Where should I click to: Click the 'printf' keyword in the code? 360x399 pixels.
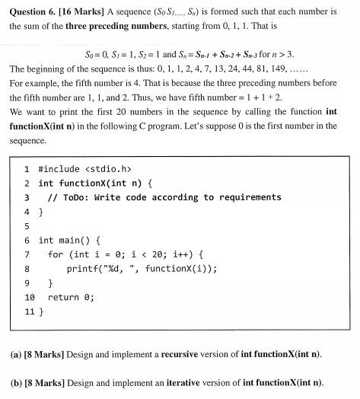tap(81, 269)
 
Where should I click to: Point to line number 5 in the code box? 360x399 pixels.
tap(27, 226)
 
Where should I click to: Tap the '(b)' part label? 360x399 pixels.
tap(16, 381)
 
